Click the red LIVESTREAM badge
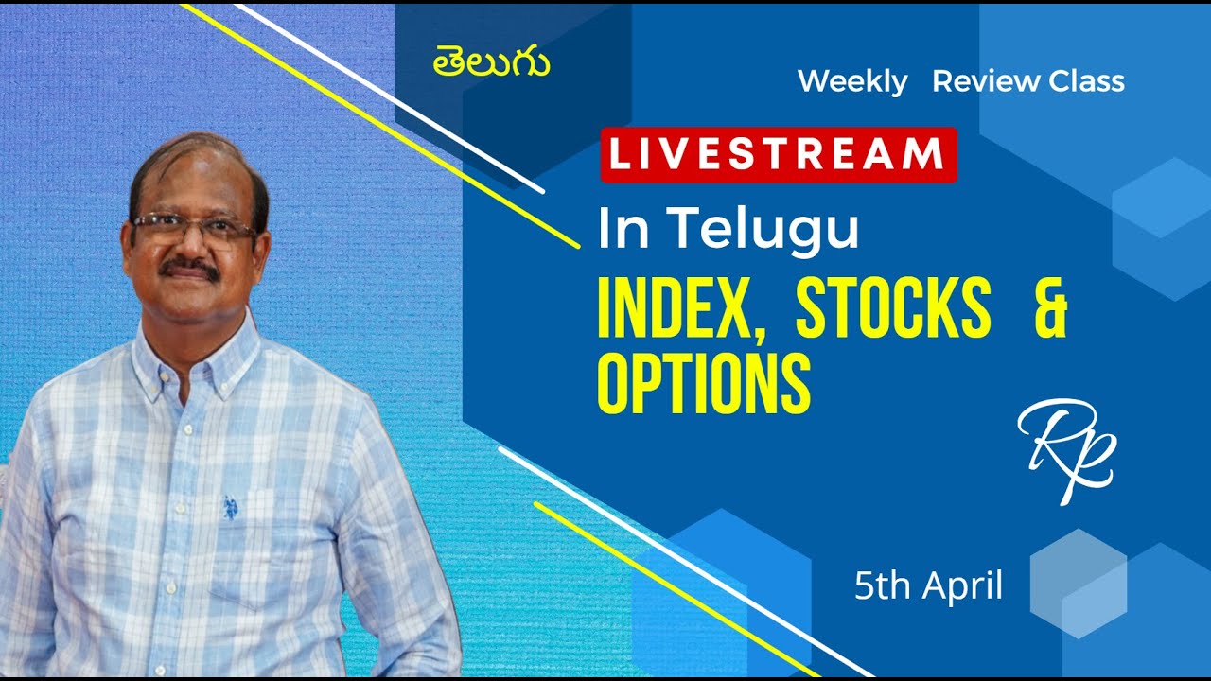coord(779,154)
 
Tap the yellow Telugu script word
coord(492,63)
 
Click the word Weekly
coord(851,81)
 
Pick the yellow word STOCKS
coord(892,309)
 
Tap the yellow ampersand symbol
coord(1049,309)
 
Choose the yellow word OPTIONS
coord(703,384)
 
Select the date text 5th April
coord(927,586)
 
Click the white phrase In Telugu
coord(728,230)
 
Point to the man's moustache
coord(188,270)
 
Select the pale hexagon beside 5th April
coord(1078,581)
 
